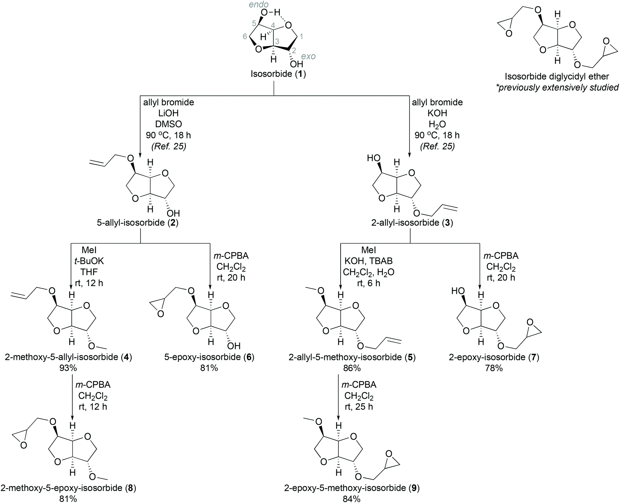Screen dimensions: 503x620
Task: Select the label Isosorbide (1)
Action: click(278, 74)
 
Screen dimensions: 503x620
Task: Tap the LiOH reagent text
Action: click(168, 113)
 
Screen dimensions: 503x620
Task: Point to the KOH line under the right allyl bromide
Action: click(437, 113)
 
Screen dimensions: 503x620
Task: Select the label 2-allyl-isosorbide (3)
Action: click(412, 223)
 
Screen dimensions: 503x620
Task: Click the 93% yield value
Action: click(72, 368)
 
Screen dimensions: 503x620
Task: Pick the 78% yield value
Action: click(494, 368)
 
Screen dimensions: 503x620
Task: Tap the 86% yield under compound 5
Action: click(352, 368)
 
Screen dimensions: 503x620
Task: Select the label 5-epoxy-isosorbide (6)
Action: click(209, 357)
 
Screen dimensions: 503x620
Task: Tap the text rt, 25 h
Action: click(359, 406)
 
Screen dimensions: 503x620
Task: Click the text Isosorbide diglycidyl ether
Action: click(557, 76)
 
